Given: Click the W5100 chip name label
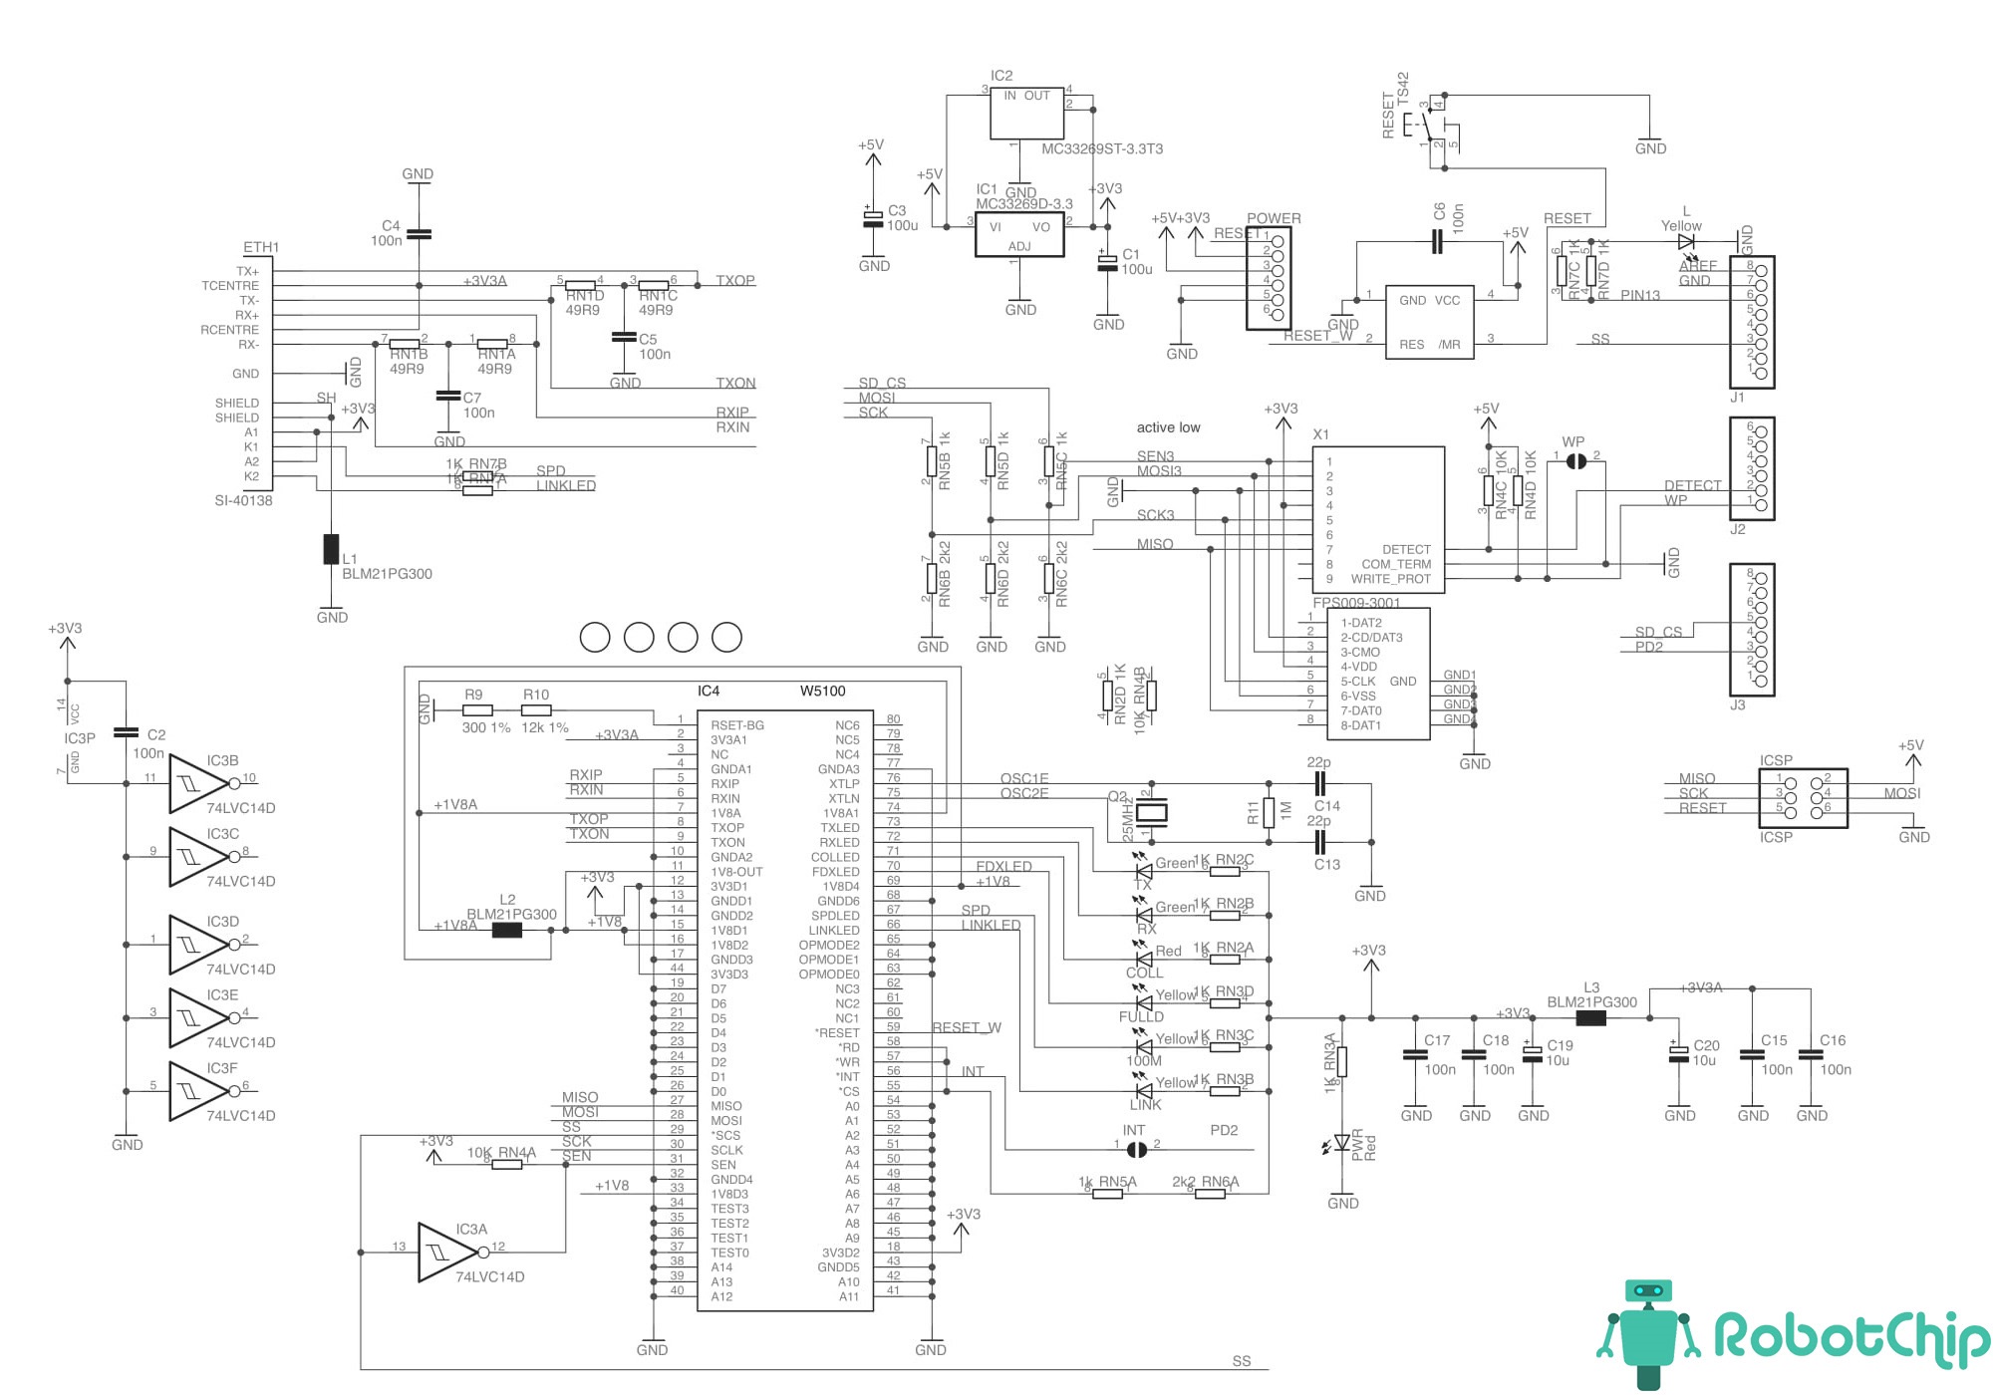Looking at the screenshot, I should [822, 691].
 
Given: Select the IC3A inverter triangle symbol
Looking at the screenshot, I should [446, 1252].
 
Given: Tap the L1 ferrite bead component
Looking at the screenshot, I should [331, 549].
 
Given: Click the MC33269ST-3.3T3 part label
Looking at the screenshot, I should [1101, 148].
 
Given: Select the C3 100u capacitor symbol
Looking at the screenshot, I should [873, 218].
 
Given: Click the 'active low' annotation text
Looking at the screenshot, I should [1168, 427].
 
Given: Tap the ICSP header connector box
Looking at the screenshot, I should [1803, 797].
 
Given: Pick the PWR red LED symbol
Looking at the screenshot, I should [1342, 1142].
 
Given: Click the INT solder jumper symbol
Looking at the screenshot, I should [1136, 1149].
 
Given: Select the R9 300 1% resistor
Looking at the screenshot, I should [477, 710].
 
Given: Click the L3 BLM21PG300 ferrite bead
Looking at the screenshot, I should [1591, 1018].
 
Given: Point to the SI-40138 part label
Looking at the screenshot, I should [243, 500].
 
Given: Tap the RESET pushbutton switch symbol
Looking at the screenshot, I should [1427, 125].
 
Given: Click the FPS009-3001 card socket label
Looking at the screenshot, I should [1356, 603].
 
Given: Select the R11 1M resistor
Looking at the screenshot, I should [1269, 812].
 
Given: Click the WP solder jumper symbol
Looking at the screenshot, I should [1575, 460].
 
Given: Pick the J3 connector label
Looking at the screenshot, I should [1737, 704].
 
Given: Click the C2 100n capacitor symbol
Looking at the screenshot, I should [126, 732].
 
